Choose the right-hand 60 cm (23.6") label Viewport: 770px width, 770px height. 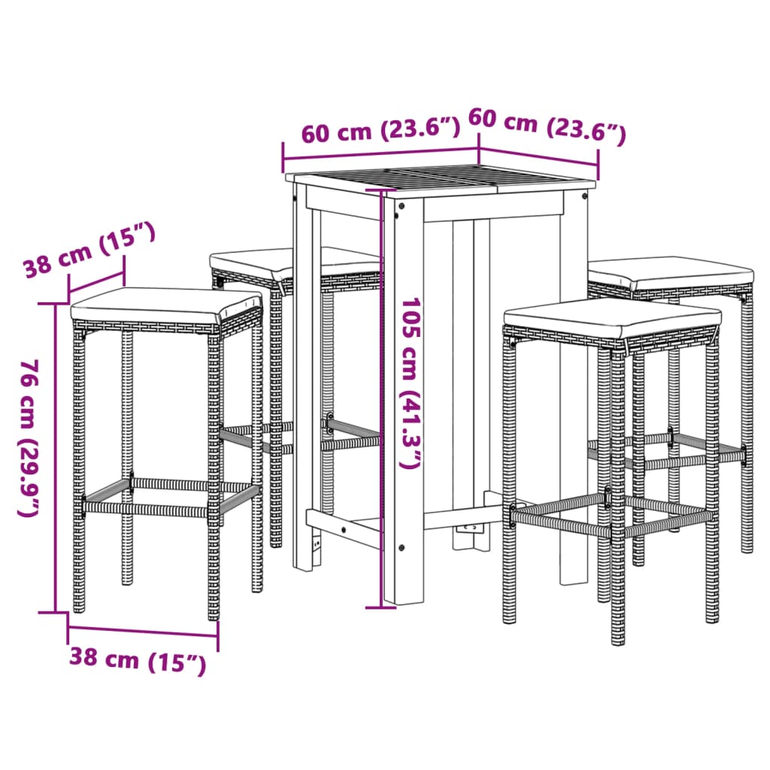click(547, 125)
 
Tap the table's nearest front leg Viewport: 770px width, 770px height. click(403, 399)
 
